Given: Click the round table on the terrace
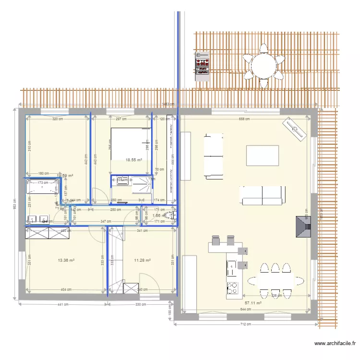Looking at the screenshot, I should [x=263, y=66].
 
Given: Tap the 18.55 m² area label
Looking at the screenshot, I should [x=134, y=160].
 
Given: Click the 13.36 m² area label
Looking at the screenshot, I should [x=66, y=261].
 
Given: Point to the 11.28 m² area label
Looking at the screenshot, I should [x=142, y=261].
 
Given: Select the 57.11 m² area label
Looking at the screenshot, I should [x=252, y=303].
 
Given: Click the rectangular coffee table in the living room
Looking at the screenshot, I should [x=262, y=156].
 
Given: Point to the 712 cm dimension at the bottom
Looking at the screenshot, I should [x=246, y=324].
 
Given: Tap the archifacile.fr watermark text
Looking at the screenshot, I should [x=335, y=343].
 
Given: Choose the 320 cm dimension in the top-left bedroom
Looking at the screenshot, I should [x=58, y=119].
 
